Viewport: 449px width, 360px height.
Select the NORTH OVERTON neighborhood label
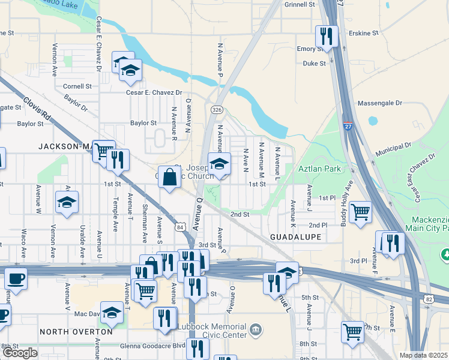(x=76, y=331)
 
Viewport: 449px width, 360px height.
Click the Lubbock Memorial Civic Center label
(x=212, y=331)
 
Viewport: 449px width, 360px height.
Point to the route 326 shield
(x=217, y=110)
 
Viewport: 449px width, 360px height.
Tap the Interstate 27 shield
(x=348, y=126)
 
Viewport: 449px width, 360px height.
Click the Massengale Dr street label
(x=379, y=103)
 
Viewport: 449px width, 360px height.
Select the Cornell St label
(x=77, y=86)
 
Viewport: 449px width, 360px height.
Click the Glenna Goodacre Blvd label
(x=145, y=345)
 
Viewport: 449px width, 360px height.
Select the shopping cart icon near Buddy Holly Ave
(x=360, y=212)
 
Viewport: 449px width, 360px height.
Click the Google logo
(x=20, y=353)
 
